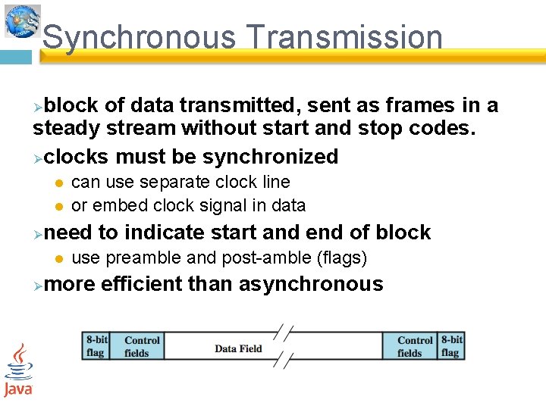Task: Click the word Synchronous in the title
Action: tap(138, 37)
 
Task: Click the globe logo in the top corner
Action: tap(22, 21)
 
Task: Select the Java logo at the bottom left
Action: tap(17, 370)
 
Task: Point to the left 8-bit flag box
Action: tap(96, 346)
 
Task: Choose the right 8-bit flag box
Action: tap(451, 346)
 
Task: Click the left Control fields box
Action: tap(142, 346)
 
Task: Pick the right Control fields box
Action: tap(414, 346)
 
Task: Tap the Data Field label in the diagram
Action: tap(238, 348)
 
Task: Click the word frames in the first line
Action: tap(372, 105)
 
